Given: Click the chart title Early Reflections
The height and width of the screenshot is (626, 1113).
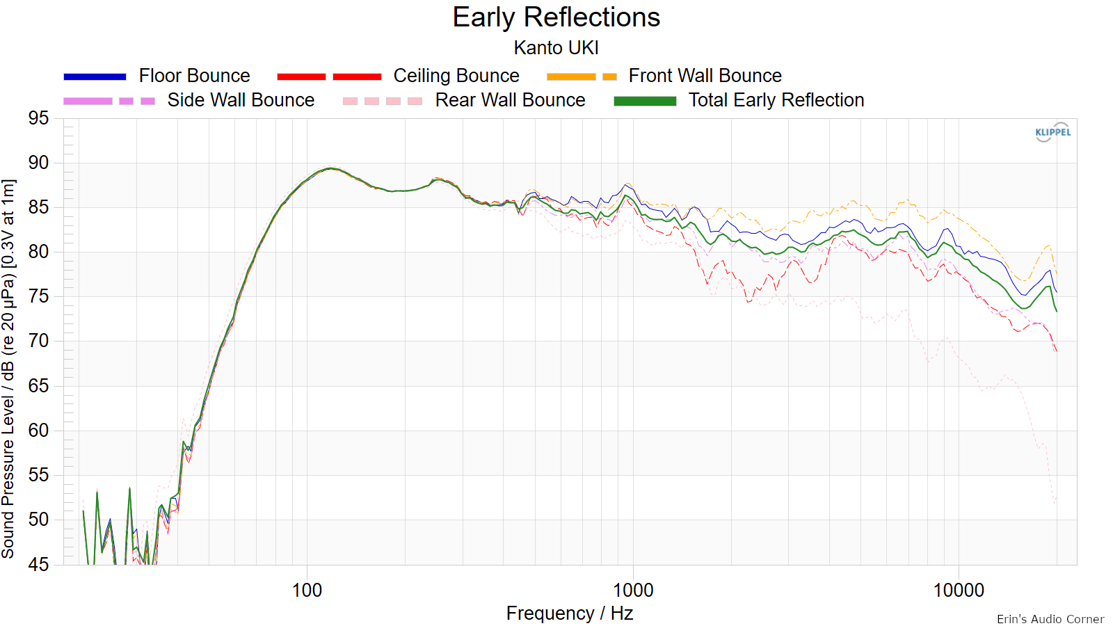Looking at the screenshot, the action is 556,17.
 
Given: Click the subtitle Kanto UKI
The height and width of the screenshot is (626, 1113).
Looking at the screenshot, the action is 556,48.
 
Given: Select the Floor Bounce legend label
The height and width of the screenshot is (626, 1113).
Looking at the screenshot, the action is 194,76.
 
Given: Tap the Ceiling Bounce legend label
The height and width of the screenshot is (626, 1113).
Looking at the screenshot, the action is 456,76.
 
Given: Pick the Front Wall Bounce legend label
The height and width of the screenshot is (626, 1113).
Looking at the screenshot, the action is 705,76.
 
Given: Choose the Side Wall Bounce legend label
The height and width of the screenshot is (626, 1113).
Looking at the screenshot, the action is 241,100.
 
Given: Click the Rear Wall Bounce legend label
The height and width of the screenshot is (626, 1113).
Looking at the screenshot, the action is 511,100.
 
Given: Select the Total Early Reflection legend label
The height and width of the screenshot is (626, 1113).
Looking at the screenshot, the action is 776,100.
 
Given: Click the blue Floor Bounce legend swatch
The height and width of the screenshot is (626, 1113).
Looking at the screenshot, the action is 95,77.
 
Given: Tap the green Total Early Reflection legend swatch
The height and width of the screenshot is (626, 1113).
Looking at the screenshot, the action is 645,101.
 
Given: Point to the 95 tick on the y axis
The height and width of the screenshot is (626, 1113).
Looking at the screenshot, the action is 39,118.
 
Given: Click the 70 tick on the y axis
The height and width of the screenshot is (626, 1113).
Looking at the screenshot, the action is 39,342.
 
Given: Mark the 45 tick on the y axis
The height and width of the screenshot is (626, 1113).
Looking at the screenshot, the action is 39,564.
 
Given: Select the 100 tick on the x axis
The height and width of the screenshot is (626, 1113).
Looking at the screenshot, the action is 307,591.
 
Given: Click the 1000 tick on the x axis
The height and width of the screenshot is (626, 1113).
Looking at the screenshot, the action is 633,591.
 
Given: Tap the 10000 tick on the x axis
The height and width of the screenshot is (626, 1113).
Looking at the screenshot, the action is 959,591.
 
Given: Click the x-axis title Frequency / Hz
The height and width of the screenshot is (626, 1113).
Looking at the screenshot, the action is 570,613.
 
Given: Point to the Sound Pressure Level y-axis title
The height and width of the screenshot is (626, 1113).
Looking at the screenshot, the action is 8,369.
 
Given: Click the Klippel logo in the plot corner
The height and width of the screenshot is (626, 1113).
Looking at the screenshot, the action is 1053,132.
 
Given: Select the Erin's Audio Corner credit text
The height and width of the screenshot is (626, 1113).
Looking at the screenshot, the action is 1050,619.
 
